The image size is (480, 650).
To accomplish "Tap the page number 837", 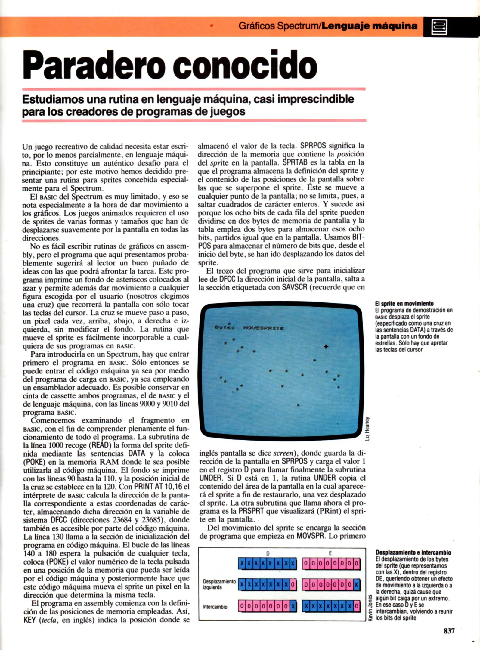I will point(449,631).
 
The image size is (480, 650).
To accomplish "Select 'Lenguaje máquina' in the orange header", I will point(370,26).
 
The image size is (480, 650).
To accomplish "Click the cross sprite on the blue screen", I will point(326,347).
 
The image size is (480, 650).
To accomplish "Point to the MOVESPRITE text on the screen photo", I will point(263,328).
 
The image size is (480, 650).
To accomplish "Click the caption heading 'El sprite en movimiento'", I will point(404,304).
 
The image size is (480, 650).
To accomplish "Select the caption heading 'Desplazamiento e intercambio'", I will point(413,552).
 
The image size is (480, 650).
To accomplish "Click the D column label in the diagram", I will point(268,553).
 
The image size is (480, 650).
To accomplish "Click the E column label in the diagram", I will point(330,553).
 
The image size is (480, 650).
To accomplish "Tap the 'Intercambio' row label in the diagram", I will point(215,607).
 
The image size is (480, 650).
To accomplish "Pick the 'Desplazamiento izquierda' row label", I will point(219,584).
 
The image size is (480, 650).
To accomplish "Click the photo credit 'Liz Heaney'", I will point(367,429).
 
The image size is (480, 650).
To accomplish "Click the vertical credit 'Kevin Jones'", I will point(370,608).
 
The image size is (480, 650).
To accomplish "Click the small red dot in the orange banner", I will point(212,26).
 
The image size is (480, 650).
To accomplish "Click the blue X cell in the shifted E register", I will point(357,584).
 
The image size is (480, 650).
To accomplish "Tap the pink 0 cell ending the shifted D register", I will point(293,584).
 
